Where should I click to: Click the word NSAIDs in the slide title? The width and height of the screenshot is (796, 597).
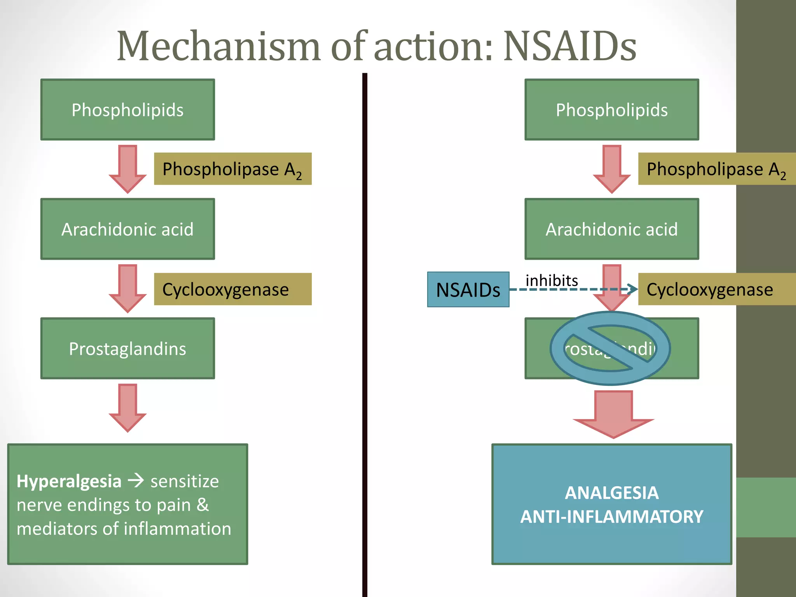570,47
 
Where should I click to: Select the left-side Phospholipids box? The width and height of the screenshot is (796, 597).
127,110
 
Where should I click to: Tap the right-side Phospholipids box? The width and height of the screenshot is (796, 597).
612,110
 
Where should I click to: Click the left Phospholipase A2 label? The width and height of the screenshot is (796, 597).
232,169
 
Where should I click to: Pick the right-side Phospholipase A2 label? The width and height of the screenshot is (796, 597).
716,169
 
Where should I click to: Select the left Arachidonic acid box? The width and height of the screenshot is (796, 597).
127,229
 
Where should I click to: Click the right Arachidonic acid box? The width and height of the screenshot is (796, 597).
612,229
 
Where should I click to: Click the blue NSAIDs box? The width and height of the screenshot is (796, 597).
468,290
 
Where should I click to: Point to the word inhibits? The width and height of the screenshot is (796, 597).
552,280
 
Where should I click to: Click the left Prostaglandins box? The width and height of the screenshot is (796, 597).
127,348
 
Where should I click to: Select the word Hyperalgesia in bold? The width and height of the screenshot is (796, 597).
69,481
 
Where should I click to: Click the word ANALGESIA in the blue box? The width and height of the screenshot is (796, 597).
612,493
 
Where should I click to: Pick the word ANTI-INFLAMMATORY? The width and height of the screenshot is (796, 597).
612,517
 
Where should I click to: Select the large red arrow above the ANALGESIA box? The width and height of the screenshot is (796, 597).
613,414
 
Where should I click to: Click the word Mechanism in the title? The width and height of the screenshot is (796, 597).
218,47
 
